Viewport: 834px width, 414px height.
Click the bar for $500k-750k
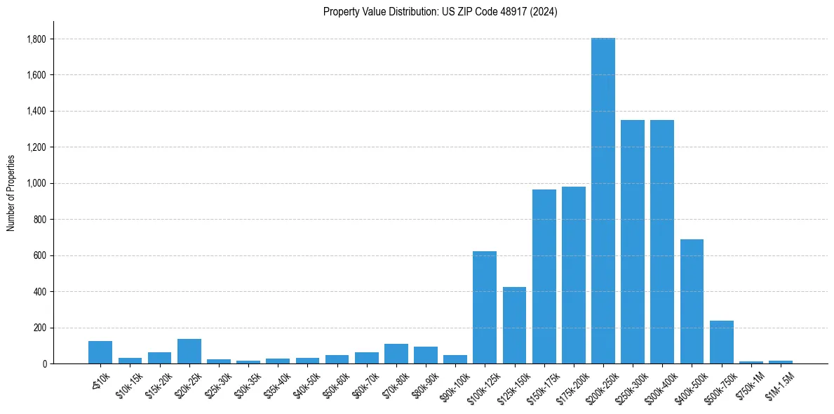[721, 342]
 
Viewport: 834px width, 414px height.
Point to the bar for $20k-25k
[189, 352]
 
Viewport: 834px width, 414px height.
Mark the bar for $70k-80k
[396, 354]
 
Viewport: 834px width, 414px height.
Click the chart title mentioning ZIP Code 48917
[440, 12]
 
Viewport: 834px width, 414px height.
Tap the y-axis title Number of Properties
[11, 192]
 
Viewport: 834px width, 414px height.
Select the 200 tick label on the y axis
[41, 328]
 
